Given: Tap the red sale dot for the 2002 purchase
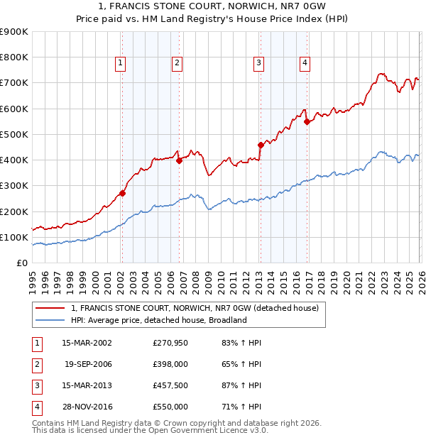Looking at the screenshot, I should click(122, 193).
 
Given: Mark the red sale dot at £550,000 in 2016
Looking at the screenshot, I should click(307, 121).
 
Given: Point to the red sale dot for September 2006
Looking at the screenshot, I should click(179, 160).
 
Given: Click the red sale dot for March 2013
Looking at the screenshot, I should click(260, 145).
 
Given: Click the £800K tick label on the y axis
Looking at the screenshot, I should click(14, 57).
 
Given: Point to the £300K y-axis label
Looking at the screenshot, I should click(14, 186).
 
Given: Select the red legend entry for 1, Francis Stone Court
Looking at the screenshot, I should click(195, 308).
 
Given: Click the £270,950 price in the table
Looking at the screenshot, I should click(170, 343).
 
